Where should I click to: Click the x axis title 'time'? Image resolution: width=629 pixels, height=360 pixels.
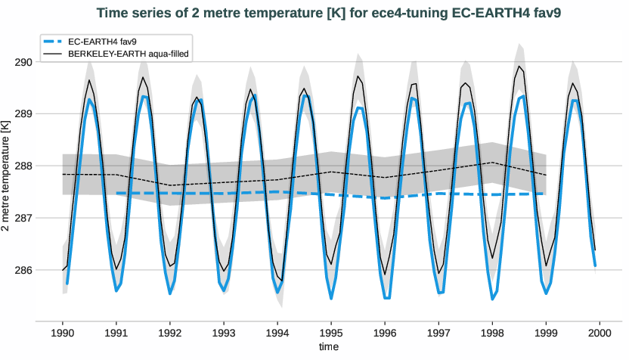328,346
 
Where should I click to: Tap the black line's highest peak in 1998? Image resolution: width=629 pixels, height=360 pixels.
519,66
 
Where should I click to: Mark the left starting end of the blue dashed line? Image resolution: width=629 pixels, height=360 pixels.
116,193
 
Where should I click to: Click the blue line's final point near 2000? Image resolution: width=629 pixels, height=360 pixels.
595,265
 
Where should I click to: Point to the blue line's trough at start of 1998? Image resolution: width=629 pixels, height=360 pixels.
492,299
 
